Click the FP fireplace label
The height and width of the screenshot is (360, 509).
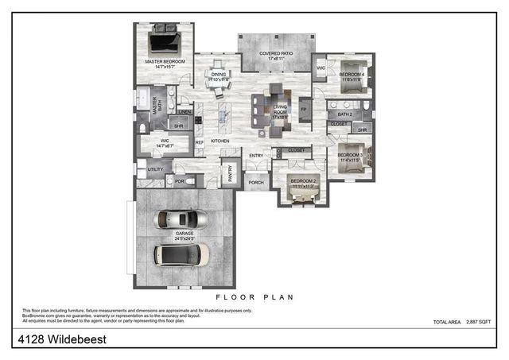pyautogui.click(x=303, y=110)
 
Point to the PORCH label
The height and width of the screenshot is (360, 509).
pyautogui.click(x=256, y=183)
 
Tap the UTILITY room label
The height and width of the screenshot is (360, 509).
pyautogui.click(x=155, y=169)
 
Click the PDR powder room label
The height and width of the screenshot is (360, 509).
pyautogui.click(x=180, y=180)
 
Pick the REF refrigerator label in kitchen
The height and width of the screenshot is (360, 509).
pyautogui.click(x=200, y=142)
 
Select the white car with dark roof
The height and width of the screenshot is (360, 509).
pyautogui.click(x=181, y=254)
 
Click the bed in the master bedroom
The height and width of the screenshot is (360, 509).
pyautogui.click(x=166, y=40)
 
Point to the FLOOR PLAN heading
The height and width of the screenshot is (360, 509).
pyautogui.click(x=254, y=297)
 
